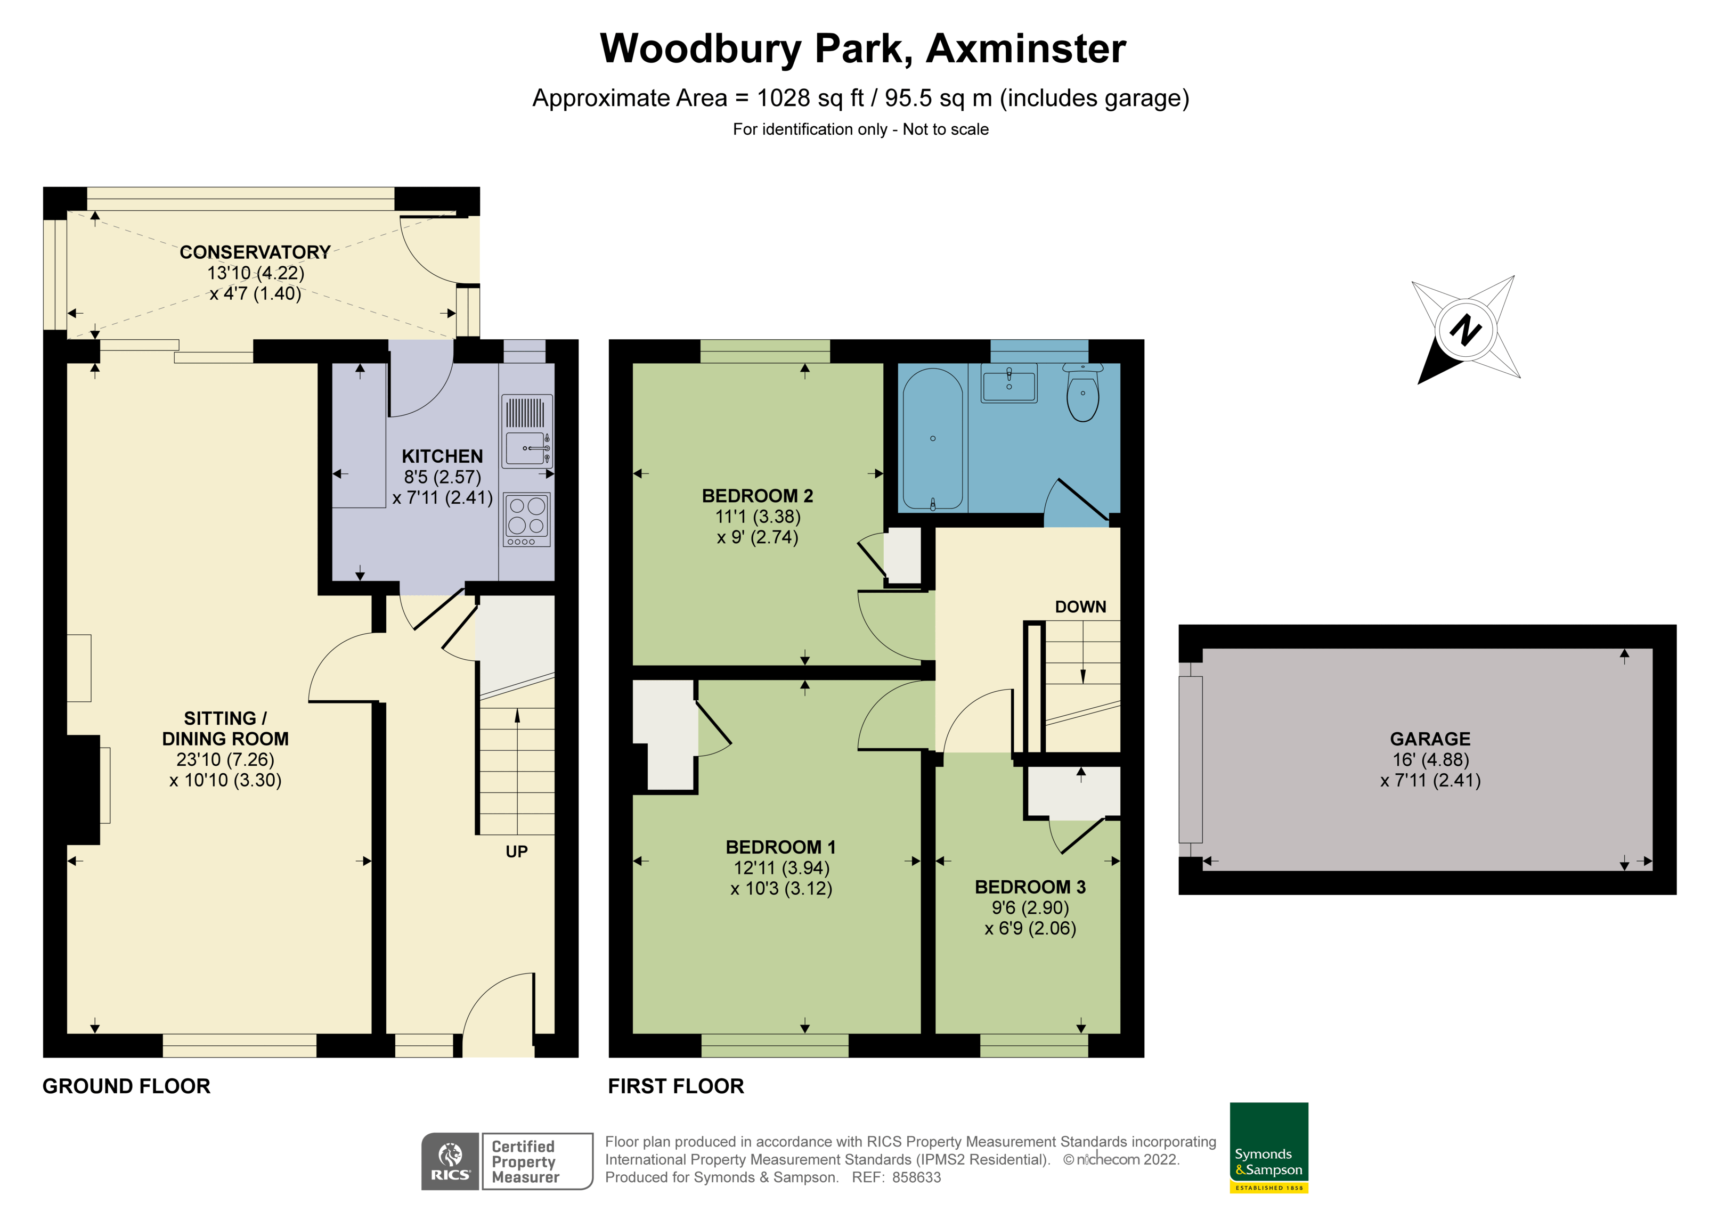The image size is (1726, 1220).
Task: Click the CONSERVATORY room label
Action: click(x=255, y=252)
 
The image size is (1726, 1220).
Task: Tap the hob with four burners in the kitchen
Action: click(x=527, y=518)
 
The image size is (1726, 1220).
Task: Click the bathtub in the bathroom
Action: click(x=932, y=438)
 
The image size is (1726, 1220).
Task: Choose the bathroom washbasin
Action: click(x=1009, y=383)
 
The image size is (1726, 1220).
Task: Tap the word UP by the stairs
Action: click(x=516, y=851)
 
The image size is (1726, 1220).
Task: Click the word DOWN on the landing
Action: click(x=1080, y=607)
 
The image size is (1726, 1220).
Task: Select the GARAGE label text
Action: click(x=1430, y=739)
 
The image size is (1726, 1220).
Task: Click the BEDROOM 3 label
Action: click(x=1030, y=887)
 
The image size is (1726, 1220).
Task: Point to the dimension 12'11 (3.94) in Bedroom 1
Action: click(x=781, y=867)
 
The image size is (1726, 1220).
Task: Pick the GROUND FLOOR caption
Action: click(x=126, y=1086)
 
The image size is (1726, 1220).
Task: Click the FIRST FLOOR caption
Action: click(x=676, y=1086)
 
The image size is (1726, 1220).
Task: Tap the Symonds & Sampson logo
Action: click(x=1269, y=1147)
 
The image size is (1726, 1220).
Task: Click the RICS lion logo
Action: click(x=450, y=1161)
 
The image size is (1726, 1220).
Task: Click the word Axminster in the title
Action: click(x=1025, y=49)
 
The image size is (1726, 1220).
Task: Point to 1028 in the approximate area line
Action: click(x=783, y=99)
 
